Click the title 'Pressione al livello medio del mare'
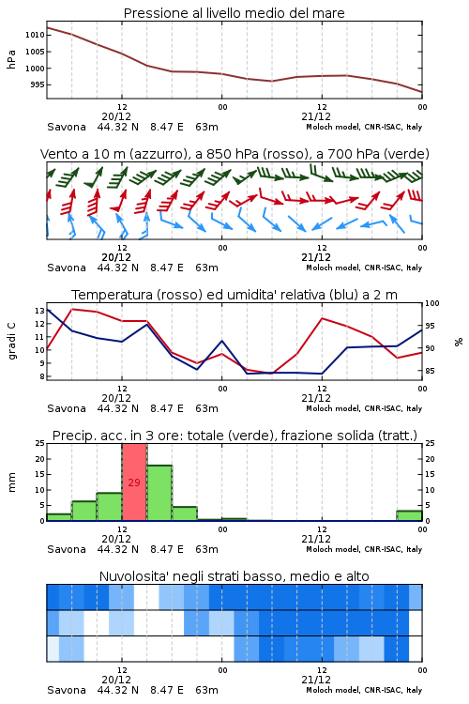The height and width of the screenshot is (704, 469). pos(234,13)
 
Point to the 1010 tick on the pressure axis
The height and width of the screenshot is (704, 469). pos(35,35)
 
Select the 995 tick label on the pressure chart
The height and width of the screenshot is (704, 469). pos(37,84)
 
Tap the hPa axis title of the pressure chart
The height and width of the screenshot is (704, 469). pos(11,59)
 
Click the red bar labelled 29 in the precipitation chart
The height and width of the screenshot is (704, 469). pos(134,482)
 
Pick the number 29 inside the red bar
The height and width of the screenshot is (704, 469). pos(134,482)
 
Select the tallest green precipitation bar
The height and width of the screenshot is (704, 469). pos(159,493)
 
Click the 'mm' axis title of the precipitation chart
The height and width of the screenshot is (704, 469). pos(11,482)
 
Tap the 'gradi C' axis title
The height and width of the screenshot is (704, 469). pos(11,341)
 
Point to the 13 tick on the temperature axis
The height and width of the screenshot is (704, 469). pos(39,311)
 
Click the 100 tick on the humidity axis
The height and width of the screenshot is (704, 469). pos(432,303)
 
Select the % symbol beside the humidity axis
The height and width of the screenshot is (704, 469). pos(459,342)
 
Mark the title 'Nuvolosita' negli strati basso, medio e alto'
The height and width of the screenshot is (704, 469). pos(234,576)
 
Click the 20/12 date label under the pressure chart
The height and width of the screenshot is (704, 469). pos(116,116)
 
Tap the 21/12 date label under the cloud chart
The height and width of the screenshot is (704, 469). pos(316,680)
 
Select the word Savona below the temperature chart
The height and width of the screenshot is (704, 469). pos(67,408)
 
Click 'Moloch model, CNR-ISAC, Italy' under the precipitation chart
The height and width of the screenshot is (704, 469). pos(364,549)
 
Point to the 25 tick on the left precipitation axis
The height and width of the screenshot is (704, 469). pos(39,443)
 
